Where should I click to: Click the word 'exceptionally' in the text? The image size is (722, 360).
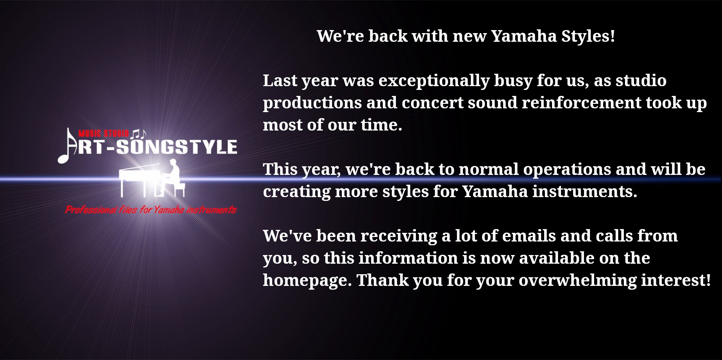434,81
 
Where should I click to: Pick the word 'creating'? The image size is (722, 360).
296,192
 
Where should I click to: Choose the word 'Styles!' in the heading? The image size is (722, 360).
588,36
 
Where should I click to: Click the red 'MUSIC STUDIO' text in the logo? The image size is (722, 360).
104,133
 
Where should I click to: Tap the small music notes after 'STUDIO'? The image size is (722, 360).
139,133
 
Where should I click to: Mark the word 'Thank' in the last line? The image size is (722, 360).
382,280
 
